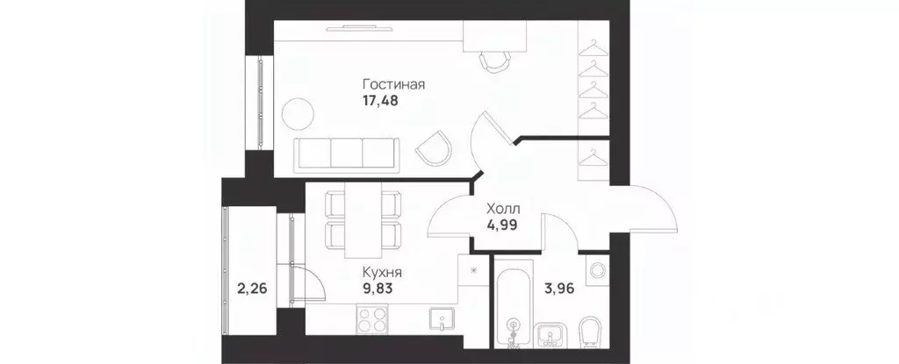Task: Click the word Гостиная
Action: (393, 84)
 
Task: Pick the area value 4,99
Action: (503, 225)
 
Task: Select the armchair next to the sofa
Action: (435, 146)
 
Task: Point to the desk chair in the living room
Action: (493, 61)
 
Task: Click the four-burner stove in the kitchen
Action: (369, 318)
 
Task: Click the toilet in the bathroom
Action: (590, 330)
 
